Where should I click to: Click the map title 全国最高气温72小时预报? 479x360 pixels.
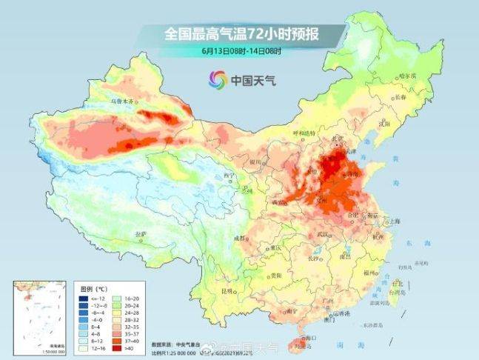click(x=244, y=34)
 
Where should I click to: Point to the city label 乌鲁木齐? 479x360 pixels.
click(x=123, y=101)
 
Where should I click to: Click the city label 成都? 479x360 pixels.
click(x=239, y=238)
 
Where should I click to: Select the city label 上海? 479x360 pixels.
click(x=395, y=221)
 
